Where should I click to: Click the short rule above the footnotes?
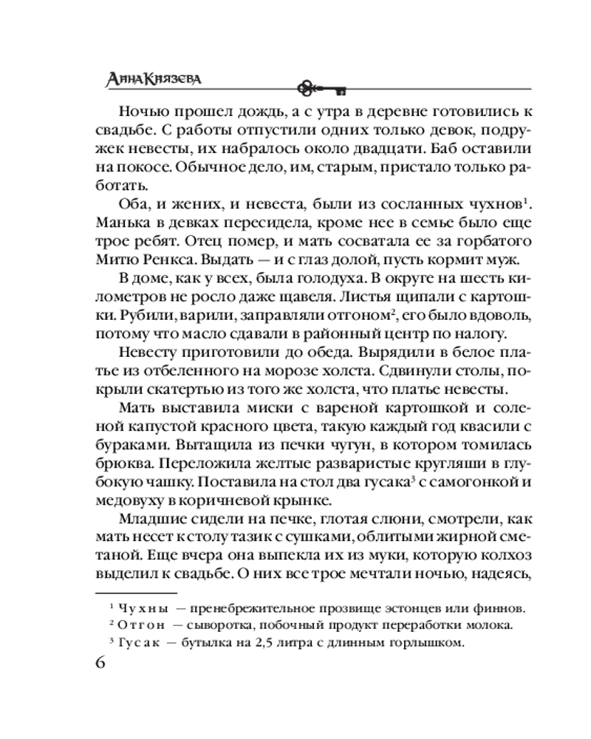pyautogui.click(x=137, y=593)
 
